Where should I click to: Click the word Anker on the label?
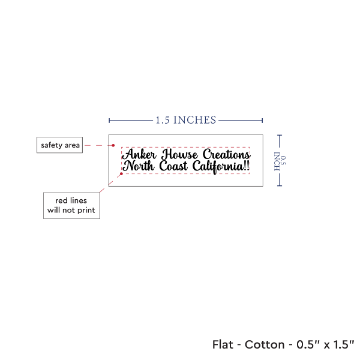pyautogui.click(x=139, y=154)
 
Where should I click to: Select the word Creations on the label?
pyautogui.click(x=226, y=154)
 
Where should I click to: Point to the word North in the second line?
pyautogui.click(x=139, y=166)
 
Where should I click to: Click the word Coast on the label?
pyautogui.click(x=173, y=166)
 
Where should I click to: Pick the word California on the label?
pyautogui.click(x=218, y=167)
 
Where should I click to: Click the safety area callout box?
pyautogui.click(x=59, y=145)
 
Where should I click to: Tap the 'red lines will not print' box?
pyautogui.click(x=71, y=205)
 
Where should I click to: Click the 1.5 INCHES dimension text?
pyautogui.click(x=186, y=121)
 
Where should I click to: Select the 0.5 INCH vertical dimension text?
pyautogui.click(x=280, y=161)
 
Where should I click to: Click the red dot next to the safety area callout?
pyautogui.click(x=113, y=145)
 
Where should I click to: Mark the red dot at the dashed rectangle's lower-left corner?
pyautogui.click(x=121, y=174)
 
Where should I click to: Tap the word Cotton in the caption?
pyautogui.click(x=265, y=344)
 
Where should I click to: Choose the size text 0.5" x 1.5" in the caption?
pyautogui.click(x=325, y=344)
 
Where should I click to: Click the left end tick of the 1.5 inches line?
pyautogui.click(x=109, y=121)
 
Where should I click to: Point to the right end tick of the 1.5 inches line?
pyautogui.click(x=262, y=121)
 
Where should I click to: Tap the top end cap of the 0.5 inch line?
pyautogui.click(x=280, y=135)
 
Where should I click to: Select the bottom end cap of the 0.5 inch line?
pyautogui.click(x=280, y=185)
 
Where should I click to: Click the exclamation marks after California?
pyautogui.click(x=247, y=166)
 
